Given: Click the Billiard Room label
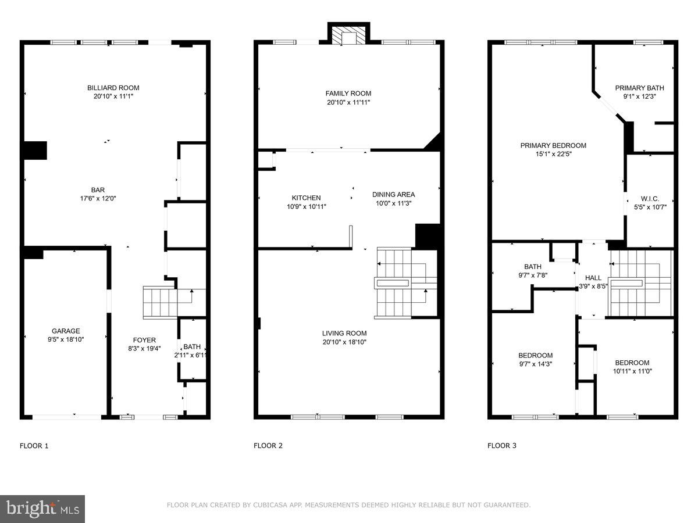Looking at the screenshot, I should pyautogui.click(x=113, y=88).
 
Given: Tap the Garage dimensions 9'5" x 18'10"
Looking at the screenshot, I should pyautogui.click(x=66, y=339).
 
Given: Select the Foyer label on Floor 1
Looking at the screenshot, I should pyautogui.click(x=144, y=340).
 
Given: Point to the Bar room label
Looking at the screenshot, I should pyautogui.click(x=97, y=189).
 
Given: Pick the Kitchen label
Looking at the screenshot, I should pyautogui.click(x=306, y=198).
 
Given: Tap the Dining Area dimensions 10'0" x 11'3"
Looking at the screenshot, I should pyautogui.click(x=394, y=203).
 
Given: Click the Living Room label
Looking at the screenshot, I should pyautogui.click(x=344, y=333).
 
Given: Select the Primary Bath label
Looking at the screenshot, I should pyautogui.click(x=639, y=88).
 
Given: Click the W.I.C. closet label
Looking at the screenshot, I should pyautogui.click(x=650, y=198).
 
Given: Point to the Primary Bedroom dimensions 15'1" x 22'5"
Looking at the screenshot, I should pyautogui.click(x=553, y=154).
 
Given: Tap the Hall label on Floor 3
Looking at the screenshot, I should pyautogui.click(x=593, y=278).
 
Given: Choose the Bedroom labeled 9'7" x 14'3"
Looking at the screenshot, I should pyautogui.click(x=535, y=355).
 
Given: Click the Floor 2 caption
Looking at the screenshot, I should pyautogui.click(x=268, y=446).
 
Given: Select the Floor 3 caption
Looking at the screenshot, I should pyautogui.click(x=502, y=446).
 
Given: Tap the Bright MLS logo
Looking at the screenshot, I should pyautogui.click(x=42, y=508).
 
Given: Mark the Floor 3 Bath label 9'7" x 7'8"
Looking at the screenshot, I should pyautogui.click(x=532, y=267).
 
